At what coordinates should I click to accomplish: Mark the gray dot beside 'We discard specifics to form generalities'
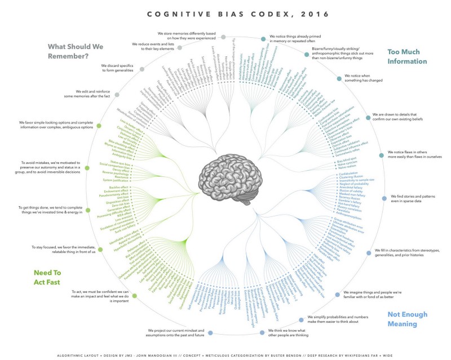pyautogui.click(x=142, y=69)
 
